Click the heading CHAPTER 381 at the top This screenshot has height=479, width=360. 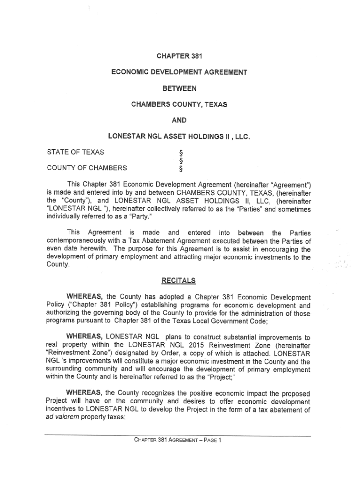[x=179, y=57]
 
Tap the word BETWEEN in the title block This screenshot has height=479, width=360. [x=179, y=88]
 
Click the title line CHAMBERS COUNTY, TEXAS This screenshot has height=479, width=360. [x=179, y=104]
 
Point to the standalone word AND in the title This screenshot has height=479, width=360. [x=179, y=120]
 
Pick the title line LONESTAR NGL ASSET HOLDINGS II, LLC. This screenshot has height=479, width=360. [x=179, y=137]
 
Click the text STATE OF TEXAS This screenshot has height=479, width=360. [x=76, y=152]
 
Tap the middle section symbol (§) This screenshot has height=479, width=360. [x=175, y=160]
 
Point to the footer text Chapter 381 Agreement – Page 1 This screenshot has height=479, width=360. [x=177, y=440]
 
